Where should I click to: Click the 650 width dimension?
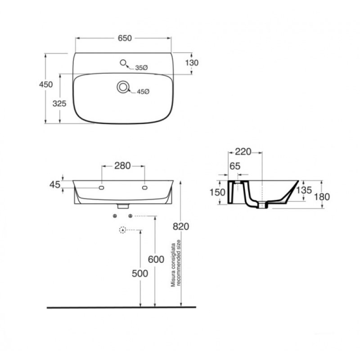[125, 38]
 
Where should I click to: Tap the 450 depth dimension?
[46, 85]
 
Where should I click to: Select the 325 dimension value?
[59, 103]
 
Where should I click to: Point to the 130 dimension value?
[192, 63]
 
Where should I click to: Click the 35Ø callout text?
[141, 68]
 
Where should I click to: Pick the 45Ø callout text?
[143, 92]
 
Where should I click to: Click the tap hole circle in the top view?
[123, 62]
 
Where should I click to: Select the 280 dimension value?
[122, 166]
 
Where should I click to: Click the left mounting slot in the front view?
[101, 188]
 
